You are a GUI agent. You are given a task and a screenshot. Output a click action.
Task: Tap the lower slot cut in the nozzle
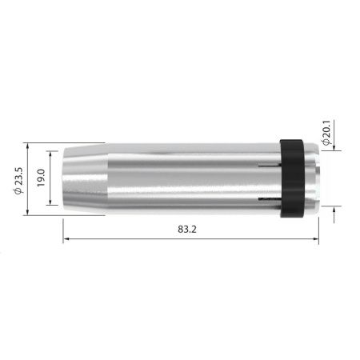point(270,194)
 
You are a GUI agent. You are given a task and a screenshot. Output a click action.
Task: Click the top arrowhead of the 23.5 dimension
point(29,146)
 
